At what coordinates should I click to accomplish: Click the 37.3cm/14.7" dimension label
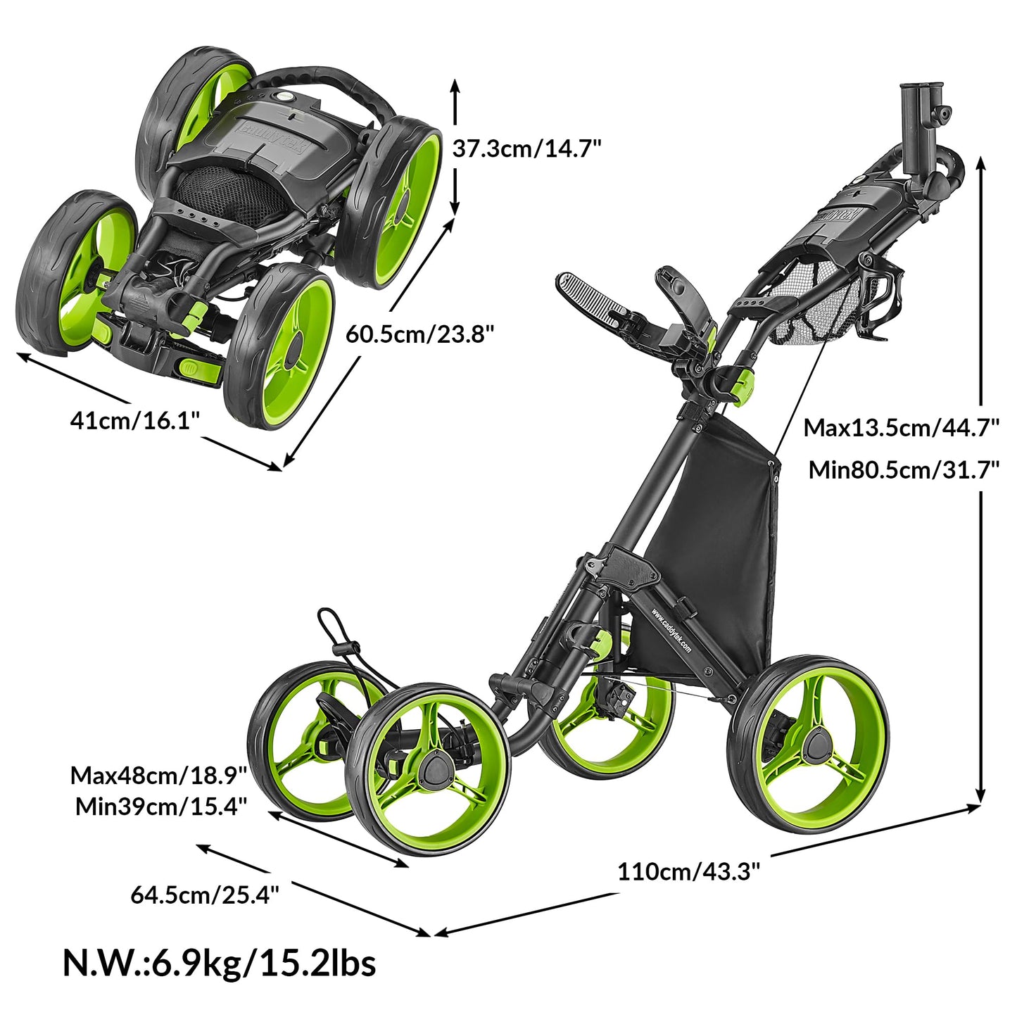(x=526, y=149)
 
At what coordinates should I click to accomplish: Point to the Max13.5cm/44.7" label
(x=902, y=427)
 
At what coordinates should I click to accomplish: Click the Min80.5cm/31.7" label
(x=904, y=469)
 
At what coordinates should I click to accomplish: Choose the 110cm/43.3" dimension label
(x=688, y=871)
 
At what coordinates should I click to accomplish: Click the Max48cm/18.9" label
(x=158, y=776)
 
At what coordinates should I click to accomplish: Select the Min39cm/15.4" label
(x=161, y=806)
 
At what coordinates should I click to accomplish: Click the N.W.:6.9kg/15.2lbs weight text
(x=219, y=962)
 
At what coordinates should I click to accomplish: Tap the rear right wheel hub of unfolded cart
(x=816, y=745)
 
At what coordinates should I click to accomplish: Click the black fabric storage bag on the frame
(x=725, y=535)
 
